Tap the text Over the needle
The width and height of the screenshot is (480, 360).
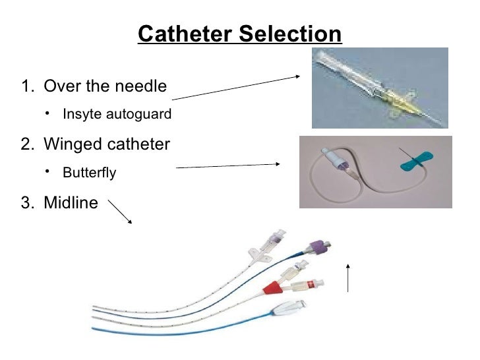[x=105, y=86]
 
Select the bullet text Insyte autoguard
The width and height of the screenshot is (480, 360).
[x=117, y=115]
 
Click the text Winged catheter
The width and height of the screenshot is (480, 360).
[x=106, y=144]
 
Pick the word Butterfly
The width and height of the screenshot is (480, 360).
[x=89, y=173]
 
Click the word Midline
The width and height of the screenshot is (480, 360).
[x=70, y=202]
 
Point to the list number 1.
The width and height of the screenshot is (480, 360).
[x=26, y=86]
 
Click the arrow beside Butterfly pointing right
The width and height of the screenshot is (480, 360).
[x=228, y=165]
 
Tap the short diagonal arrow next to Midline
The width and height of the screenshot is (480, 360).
[x=119, y=212]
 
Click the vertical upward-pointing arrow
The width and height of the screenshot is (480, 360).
[x=347, y=277]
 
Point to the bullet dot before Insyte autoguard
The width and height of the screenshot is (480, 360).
[x=47, y=113]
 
